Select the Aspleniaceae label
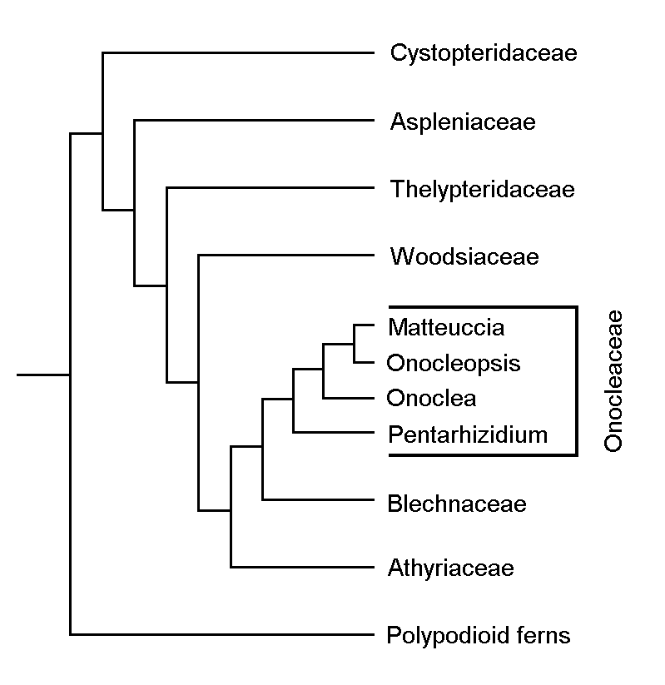coord(462,123)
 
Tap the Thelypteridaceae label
coord(483,190)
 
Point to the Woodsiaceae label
coord(464,256)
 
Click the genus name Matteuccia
coord(446,327)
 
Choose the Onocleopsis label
coord(454,363)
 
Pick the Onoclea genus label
coord(432,398)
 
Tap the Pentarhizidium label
coord(468,434)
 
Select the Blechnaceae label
coord(457,504)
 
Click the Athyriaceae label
coord(450,569)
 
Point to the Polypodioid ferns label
coord(479,637)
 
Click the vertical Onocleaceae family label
coord(613,381)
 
